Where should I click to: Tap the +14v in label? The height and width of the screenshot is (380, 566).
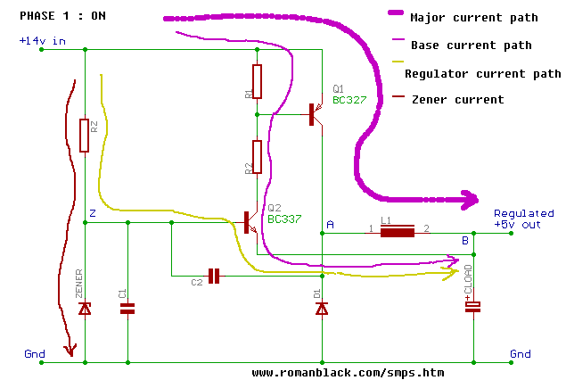click(x=37, y=41)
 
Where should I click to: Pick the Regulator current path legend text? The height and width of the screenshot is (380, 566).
click(x=482, y=74)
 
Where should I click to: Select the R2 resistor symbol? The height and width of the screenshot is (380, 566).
click(x=257, y=157)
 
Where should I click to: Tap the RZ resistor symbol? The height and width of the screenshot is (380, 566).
click(x=85, y=136)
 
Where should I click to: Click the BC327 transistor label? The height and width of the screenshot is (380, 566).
click(x=349, y=101)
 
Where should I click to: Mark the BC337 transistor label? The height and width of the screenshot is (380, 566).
click(x=284, y=219)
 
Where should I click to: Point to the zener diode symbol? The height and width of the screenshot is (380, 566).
click(x=85, y=308)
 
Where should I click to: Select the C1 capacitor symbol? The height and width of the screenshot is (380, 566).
click(x=127, y=309)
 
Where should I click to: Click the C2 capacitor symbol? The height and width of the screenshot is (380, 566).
click(x=213, y=275)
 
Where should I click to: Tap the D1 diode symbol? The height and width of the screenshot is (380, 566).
click(x=323, y=308)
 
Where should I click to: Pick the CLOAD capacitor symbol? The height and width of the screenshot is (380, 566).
click(x=472, y=307)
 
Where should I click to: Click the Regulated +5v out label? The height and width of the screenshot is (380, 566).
click(x=524, y=219)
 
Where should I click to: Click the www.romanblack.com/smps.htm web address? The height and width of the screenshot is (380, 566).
click(x=348, y=372)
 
